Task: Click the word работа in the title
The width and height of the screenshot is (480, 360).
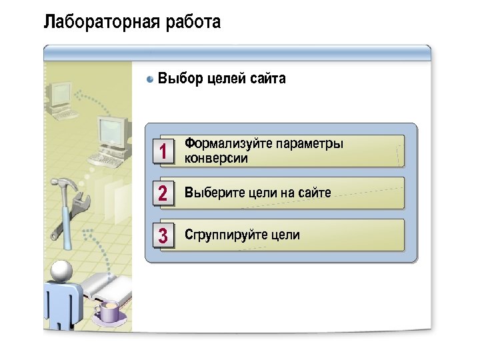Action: tap(193, 23)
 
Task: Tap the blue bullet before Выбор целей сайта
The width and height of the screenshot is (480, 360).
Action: tap(151, 79)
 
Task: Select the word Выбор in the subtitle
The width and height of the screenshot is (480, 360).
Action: tap(179, 79)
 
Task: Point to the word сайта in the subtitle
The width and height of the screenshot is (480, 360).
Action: tap(268, 79)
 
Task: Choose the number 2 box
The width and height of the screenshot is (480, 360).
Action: tap(163, 193)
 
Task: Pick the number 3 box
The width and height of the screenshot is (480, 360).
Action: tap(163, 235)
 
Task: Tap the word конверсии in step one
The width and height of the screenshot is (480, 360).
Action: tap(216, 159)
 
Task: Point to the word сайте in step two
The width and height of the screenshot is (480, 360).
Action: tap(314, 193)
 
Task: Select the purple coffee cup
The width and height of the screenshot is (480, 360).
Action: tap(108, 311)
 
